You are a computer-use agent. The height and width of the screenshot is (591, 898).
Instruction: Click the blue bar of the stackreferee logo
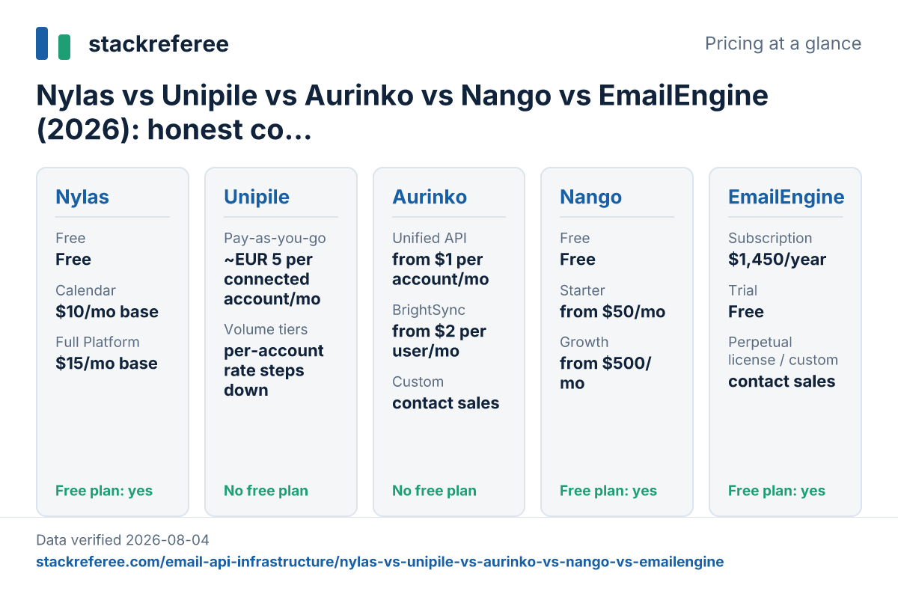click(x=42, y=43)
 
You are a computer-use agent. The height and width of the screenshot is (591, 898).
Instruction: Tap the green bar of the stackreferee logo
click(x=64, y=47)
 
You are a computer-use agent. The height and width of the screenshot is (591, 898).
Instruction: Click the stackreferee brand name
click(x=159, y=44)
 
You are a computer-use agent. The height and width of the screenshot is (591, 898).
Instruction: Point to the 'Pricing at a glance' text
click(x=783, y=43)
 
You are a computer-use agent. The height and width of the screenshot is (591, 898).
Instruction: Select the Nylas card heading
click(x=82, y=197)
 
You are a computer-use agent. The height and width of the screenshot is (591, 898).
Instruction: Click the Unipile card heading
click(x=257, y=197)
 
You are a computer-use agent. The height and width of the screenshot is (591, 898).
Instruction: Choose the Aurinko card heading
click(x=430, y=197)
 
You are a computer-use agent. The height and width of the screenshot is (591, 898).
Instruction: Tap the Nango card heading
click(x=590, y=197)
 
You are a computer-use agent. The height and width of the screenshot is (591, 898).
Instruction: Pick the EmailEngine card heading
click(x=786, y=197)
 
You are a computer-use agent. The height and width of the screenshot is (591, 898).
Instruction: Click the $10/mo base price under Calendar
click(x=106, y=311)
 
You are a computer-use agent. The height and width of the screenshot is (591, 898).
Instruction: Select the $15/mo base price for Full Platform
click(x=106, y=363)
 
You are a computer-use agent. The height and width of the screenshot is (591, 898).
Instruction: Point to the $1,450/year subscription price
click(x=777, y=260)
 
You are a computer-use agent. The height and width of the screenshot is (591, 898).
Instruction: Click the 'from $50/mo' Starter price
click(x=612, y=311)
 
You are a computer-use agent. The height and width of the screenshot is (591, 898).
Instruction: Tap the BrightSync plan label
click(x=429, y=310)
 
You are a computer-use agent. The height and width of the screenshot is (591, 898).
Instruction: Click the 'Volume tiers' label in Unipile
click(x=266, y=329)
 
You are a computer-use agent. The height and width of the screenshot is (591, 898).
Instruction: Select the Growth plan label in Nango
click(x=584, y=342)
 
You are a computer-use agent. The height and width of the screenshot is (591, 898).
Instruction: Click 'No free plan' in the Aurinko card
click(x=434, y=491)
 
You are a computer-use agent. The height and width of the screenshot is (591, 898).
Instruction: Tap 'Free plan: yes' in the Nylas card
click(x=104, y=491)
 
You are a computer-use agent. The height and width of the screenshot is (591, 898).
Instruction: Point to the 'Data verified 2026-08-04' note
click(x=122, y=539)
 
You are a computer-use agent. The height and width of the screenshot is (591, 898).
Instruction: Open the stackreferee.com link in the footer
click(x=379, y=562)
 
